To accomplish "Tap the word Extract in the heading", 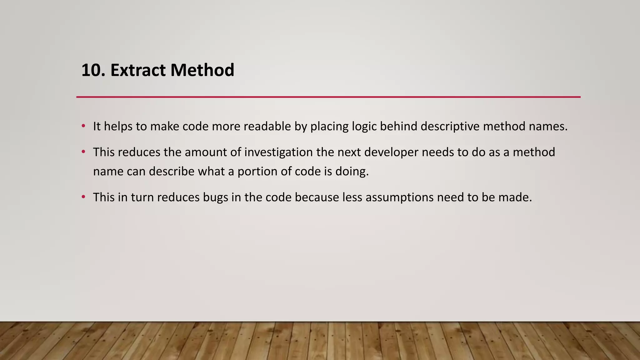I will (138, 70).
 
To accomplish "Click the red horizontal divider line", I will (328, 97).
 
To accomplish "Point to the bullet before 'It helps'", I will (83, 126).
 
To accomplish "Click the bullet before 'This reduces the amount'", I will (83, 152).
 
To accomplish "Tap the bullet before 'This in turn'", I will (83, 197).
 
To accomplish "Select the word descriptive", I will (450, 126).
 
